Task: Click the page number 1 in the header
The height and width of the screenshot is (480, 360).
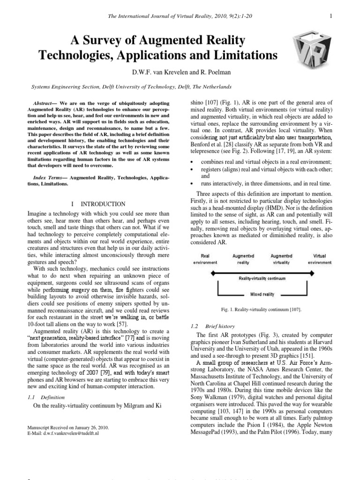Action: [331, 16]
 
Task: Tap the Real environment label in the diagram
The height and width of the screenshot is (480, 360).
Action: [205, 259]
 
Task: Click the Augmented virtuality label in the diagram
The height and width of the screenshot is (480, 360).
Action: [281, 259]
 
